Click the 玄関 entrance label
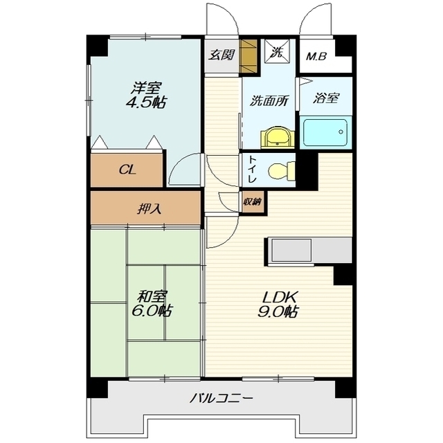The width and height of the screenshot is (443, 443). pyautogui.click(x=221, y=55)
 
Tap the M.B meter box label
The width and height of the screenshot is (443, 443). pyautogui.click(x=316, y=57)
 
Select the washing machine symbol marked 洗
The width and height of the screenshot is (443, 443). pyautogui.click(x=277, y=52)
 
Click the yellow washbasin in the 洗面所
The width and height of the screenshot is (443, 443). pyautogui.click(x=278, y=138)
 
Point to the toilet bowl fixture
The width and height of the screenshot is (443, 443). pyautogui.click(x=282, y=172)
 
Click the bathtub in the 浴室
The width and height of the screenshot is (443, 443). pyautogui.click(x=325, y=132)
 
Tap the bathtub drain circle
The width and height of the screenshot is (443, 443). pyautogui.click(x=341, y=132)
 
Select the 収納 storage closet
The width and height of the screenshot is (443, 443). pyautogui.click(x=252, y=202)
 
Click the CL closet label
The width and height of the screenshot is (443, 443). pyautogui.click(x=127, y=170)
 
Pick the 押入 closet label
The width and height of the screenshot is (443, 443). pyautogui.click(x=150, y=209)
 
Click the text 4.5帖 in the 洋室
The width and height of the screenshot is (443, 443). pyautogui.click(x=146, y=102)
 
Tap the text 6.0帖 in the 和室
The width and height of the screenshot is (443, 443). pyautogui.click(x=151, y=311)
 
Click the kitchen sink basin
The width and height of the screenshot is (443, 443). pyautogui.click(x=291, y=250)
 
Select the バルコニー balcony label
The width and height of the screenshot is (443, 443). pyautogui.click(x=221, y=399)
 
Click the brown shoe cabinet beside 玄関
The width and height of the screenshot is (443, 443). pyautogui.click(x=248, y=56)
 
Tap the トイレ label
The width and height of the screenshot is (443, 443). pyautogui.click(x=252, y=170)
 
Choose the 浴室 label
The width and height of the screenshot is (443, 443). pyautogui.click(x=326, y=98)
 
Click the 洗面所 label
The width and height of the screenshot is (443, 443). pyautogui.click(x=269, y=101)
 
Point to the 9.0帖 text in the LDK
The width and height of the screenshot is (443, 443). pyautogui.click(x=277, y=312)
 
